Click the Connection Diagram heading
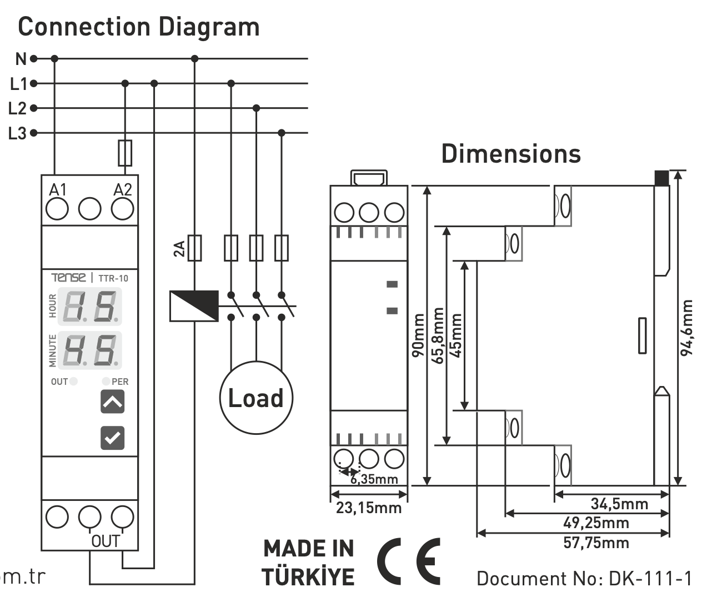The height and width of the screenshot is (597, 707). click(x=139, y=27)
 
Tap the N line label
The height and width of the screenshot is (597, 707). click(x=21, y=58)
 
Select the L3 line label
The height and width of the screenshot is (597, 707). click(x=18, y=133)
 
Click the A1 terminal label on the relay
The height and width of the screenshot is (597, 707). click(x=58, y=190)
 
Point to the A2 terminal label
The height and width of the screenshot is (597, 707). click(x=123, y=190)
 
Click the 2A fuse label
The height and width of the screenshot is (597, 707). click(x=179, y=249)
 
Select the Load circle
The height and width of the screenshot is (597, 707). click(x=256, y=398)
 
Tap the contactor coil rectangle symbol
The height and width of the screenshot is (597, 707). click(x=194, y=306)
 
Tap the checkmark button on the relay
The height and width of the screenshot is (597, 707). click(x=112, y=438)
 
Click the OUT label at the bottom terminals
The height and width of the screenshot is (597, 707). click(x=105, y=541)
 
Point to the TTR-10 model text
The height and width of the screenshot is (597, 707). click(x=113, y=278)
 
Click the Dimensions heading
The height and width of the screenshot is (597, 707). click(x=511, y=154)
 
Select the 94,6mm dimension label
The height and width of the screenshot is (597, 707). click(x=688, y=328)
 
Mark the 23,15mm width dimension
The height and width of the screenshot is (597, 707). click(x=369, y=508)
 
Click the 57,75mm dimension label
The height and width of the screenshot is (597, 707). click(x=596, y=543)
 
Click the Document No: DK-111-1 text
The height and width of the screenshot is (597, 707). click(x=584, y=579)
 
